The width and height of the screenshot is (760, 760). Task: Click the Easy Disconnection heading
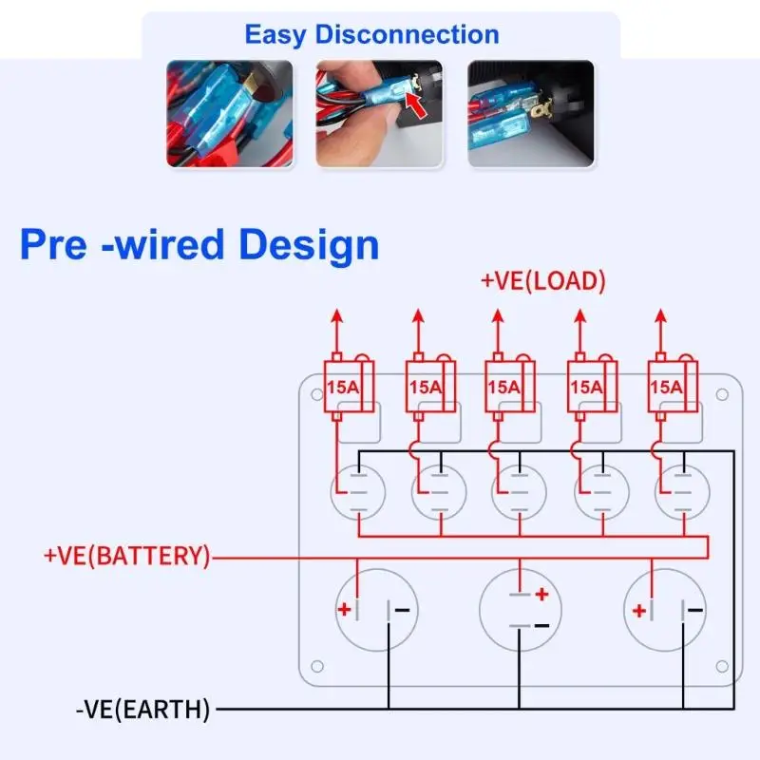371,35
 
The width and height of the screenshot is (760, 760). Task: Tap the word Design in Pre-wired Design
309,245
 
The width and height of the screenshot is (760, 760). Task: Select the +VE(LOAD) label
542,281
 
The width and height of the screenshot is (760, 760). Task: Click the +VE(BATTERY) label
127,556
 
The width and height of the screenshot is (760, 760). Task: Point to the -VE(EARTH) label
143,710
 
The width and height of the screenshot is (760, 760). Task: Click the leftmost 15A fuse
349,387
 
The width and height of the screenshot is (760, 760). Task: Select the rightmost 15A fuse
673,387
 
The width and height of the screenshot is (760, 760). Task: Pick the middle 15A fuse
510,387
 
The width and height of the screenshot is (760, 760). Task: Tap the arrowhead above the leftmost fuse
337,316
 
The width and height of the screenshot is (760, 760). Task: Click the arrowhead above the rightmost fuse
660,316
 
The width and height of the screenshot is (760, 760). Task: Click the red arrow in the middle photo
415,104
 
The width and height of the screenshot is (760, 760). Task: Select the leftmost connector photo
230,113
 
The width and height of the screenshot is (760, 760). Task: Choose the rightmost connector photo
531,113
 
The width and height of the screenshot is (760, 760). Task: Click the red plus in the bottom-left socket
344,609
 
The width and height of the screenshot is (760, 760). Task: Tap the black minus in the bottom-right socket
694,610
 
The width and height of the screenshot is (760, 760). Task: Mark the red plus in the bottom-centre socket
541,594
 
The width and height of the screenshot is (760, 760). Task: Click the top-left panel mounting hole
317,394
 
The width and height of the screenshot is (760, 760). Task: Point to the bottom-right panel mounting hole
722,667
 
